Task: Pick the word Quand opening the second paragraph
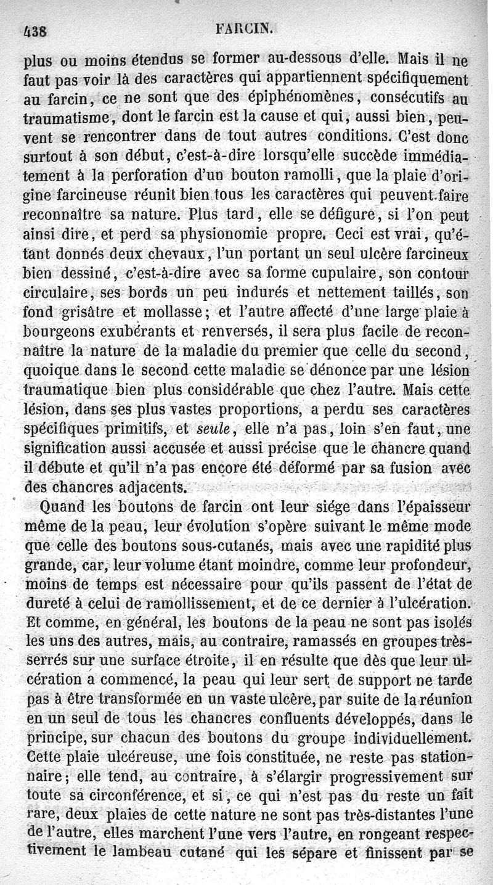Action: [x=61, y=508]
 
